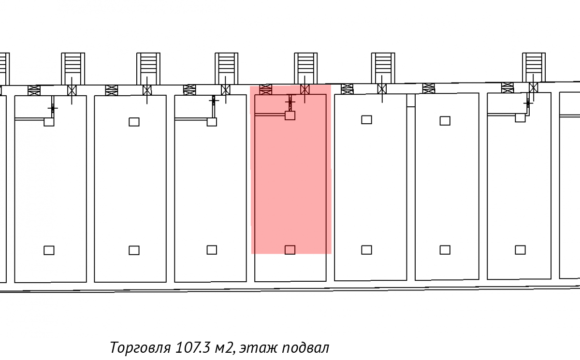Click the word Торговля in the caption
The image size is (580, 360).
[140, 347]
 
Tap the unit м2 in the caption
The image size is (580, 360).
[224, 347]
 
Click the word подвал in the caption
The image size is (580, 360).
[305, 347]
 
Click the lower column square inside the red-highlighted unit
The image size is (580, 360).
[290, 250]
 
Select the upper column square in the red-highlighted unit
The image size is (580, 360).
[290, 115]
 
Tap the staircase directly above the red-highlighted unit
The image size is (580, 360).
[305, 68]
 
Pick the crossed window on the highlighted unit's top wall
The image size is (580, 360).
[266, 89]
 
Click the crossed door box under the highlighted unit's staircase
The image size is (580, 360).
[305, 89]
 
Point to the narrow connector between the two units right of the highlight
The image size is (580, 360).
[411, 101]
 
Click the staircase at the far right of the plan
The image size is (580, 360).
[534, 68]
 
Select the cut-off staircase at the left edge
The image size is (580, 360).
[4, 69]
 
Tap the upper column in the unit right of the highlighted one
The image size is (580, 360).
[366, 119]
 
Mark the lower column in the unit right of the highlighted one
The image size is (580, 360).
[366, 250]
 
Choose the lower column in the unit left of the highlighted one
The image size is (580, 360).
[212, 250]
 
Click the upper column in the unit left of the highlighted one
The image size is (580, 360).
[212, 122]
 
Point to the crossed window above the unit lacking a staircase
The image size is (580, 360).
[429, 88]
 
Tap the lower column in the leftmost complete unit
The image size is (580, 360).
[49, 250]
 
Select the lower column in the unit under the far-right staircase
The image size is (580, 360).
[520, 250]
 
